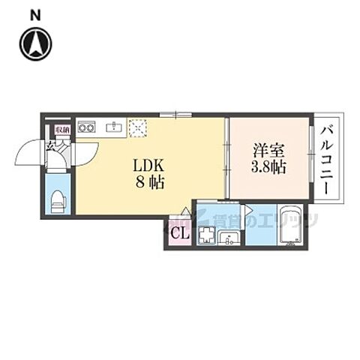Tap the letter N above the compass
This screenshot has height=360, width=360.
click(36, 14)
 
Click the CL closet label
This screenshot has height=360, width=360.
click(179, 233)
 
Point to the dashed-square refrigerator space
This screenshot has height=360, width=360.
click(137, 127)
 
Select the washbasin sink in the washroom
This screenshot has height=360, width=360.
click(230, 238)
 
